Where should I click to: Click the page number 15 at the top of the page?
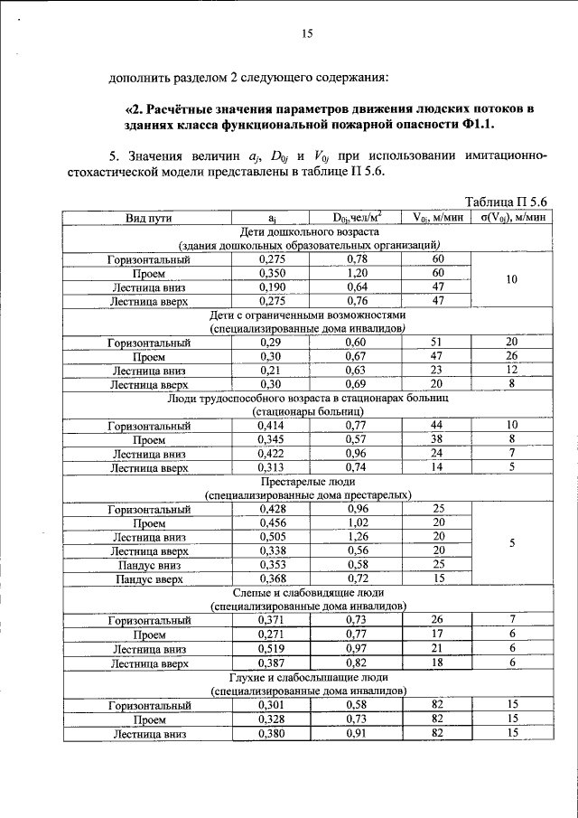[305, 33]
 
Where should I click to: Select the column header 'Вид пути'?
[149, 217]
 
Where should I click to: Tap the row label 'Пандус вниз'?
[149, 565]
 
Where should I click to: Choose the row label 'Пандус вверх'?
[149, 578]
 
